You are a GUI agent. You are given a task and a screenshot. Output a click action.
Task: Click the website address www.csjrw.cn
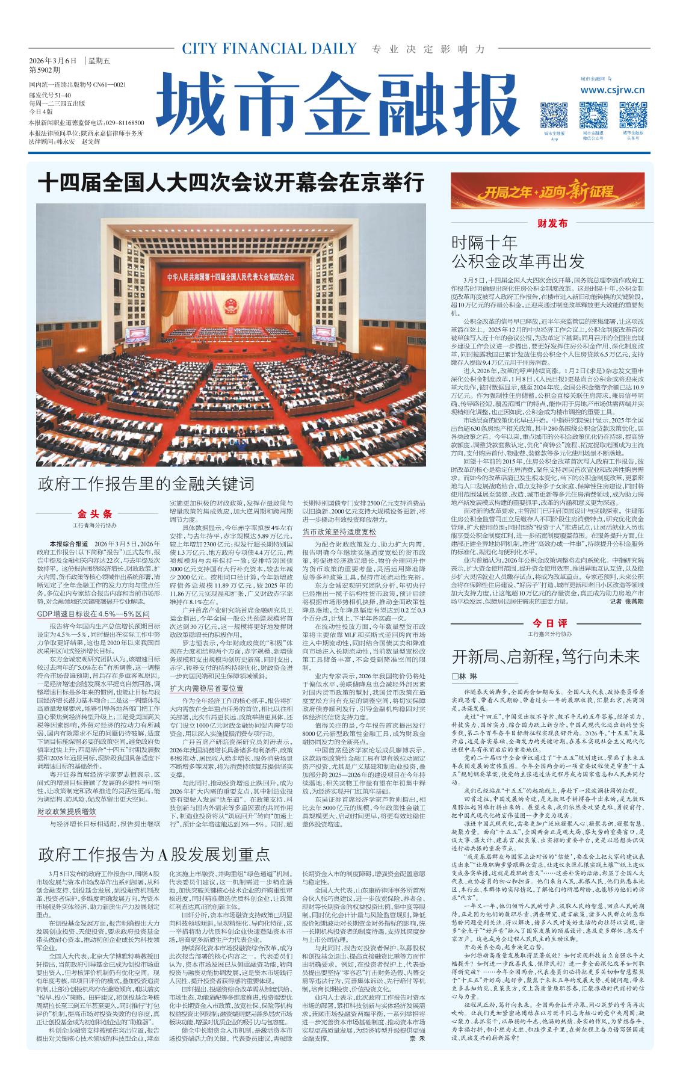click(613, 90)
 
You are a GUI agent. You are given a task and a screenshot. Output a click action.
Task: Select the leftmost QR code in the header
click(554, 114)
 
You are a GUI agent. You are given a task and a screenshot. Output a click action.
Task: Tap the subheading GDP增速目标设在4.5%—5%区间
click(93, 614)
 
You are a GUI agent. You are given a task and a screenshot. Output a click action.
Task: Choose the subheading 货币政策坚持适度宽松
click(339, 532)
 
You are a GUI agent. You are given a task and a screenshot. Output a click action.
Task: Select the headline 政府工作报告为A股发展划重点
click(155, 854)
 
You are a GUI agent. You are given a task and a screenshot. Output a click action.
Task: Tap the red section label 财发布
click(552, 223)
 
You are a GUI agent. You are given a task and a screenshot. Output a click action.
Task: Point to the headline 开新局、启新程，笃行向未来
click(546, 655)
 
